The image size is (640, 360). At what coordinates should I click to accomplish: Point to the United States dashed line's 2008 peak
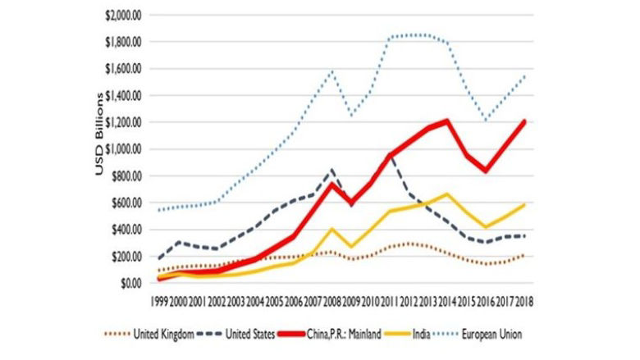pyautogui.click(x=331, y=170)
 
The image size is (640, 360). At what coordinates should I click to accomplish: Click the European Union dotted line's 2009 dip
pyautogui.click(x=350, y=116)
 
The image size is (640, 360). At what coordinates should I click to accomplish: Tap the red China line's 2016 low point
pyautogui.click(x=485, y=171)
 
